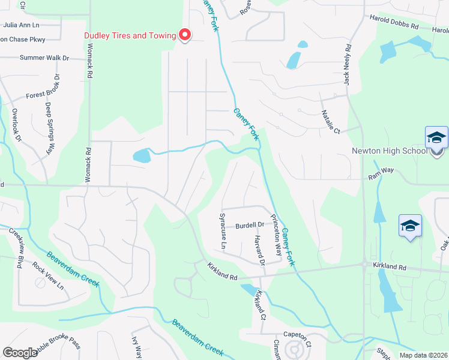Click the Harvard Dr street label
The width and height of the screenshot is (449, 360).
pyautogui.click(x=258, y=250)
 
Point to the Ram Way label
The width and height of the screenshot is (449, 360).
pyautogui.click(x=381, y=170)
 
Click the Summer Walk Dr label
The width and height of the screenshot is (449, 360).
pyautogui.click(x=44, y=58)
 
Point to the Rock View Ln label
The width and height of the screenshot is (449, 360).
pyautogui.click(x=47, y=275)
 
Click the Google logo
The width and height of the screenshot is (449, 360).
pyautogui.click(x=20, y=353)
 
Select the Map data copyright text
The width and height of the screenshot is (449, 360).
pyautogui.click(x=423, y=355)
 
